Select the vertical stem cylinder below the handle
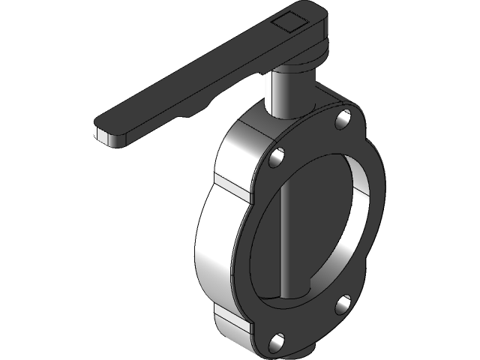[x=282, y=94]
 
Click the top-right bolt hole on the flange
[x=344, y=117]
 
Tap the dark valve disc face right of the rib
[x=319, y=225]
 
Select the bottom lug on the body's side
[x=232, y=322]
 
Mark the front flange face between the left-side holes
[x=251, y=247]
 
